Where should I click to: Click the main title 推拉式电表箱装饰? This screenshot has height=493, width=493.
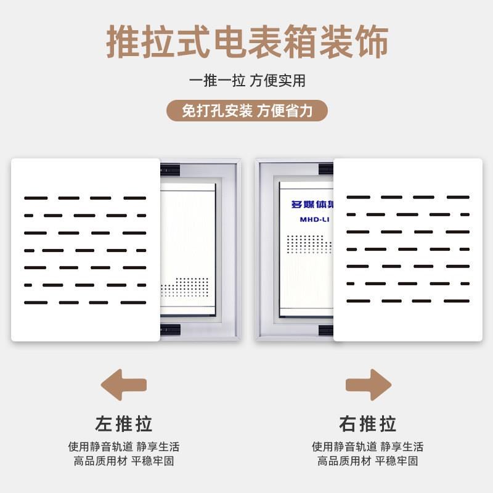[x=246, y=42]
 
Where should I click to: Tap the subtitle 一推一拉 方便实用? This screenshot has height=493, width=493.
[x=246, y=81]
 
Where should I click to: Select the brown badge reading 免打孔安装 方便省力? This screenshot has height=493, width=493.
[x=246, y=111]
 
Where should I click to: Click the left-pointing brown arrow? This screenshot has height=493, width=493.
[x=123, y=385]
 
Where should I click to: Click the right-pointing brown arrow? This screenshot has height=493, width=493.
[x=369, y=385]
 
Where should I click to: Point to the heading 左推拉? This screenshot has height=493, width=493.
[x=123, y=424]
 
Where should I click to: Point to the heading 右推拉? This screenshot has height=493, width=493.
[x=368, y=424]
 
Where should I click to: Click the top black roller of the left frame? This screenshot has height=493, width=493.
[x=170, y=168]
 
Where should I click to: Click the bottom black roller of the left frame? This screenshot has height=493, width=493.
[x=170, y=330]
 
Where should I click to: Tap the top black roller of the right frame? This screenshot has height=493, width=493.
[x=325, y=168]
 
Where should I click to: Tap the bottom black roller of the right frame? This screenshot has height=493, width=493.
[x=325, y=330]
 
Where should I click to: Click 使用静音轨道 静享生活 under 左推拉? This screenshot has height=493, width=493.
[x=123, y=447]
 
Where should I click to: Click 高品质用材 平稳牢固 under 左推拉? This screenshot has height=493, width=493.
[x=123, y=461]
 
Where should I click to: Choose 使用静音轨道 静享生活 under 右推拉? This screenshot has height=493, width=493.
[x=368, y=447]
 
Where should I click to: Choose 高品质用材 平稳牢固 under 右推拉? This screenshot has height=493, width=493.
[x=368, y=461]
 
